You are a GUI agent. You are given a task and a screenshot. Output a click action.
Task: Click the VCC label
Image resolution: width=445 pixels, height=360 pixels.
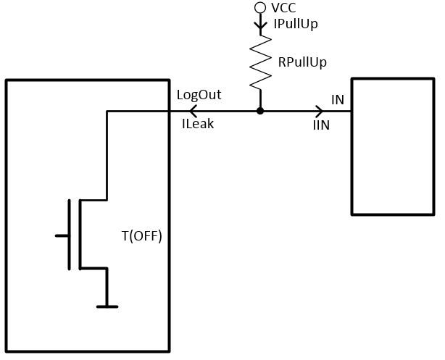click(x=283, y=7)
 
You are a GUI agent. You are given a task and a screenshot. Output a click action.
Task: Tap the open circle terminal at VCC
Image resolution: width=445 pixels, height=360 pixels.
click(x=259, y=8)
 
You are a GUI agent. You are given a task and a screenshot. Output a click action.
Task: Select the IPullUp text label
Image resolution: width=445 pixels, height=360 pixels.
click(x=296, y=24)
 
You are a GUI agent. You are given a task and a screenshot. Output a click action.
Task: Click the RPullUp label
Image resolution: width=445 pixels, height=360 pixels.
click(x=302, y=62)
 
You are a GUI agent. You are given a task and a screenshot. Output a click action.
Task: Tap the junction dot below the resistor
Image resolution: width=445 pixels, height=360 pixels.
click(x=259, y=111)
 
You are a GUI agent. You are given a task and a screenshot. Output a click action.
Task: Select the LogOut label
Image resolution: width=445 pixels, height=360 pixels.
click(x=199, y=96)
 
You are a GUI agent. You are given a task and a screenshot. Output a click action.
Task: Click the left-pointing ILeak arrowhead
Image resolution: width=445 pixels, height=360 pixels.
click(x=193, y=111)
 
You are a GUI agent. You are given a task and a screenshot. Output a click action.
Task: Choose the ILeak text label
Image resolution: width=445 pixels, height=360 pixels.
click(x=197, y=125)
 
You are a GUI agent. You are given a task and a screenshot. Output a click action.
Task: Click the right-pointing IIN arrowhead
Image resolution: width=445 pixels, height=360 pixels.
click(x=320, y=111)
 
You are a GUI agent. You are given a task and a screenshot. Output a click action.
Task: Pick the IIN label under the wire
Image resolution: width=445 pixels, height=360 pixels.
click(x=321, y=126)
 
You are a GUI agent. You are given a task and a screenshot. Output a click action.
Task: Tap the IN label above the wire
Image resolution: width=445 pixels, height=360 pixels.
click(x=338, y=99)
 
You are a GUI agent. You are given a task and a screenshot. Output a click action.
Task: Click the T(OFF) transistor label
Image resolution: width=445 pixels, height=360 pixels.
click(x=141, y=236)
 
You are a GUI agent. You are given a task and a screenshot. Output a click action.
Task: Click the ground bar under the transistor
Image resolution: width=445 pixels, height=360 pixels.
click(x=107, y=306)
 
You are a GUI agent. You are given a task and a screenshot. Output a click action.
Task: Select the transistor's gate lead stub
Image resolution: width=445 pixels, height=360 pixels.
click(x=62, y=235)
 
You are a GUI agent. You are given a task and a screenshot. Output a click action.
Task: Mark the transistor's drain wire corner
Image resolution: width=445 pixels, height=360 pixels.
click(x=107, y=111)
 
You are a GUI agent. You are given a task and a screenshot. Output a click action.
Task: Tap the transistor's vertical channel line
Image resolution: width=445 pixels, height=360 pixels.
click(x=80, y=235)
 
